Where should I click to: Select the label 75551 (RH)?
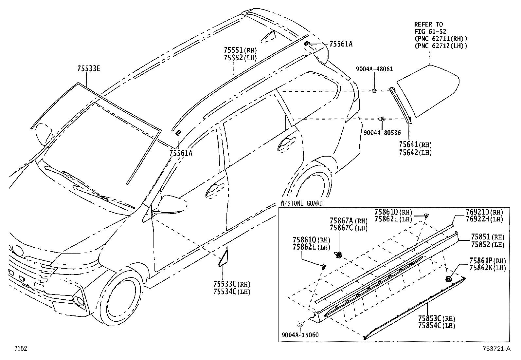[x=240, y=50]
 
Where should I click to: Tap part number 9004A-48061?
[x=374, y=69]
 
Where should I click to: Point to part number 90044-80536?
[x=382, y=133]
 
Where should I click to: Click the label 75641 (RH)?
[x=415, y=145]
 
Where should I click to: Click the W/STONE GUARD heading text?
[x=301, y=203]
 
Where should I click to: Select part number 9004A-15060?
[x=300, y=335]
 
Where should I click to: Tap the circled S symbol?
[x=299, y=324]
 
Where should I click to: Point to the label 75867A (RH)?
[x=349, y=221]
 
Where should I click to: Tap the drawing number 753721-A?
[x=495, y=349]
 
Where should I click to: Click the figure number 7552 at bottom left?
[x=20, y=349]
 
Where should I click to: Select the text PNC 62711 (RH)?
[x=440, y=39]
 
